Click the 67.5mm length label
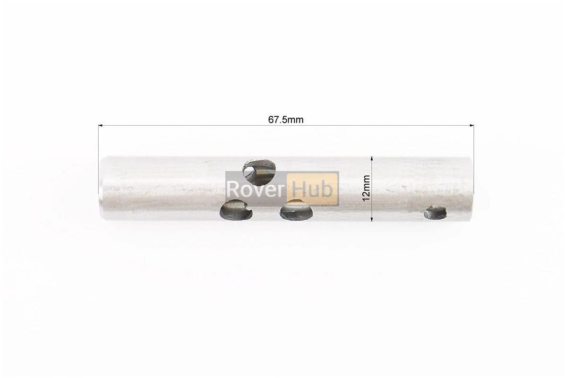(286, 119)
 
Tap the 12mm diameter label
(366, 188)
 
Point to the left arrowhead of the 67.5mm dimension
(101, 125)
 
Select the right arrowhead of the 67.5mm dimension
(471, 125)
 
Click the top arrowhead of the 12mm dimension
(371, 159)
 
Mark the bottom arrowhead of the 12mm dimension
(371, 218)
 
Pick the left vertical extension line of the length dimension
(98, 159)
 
